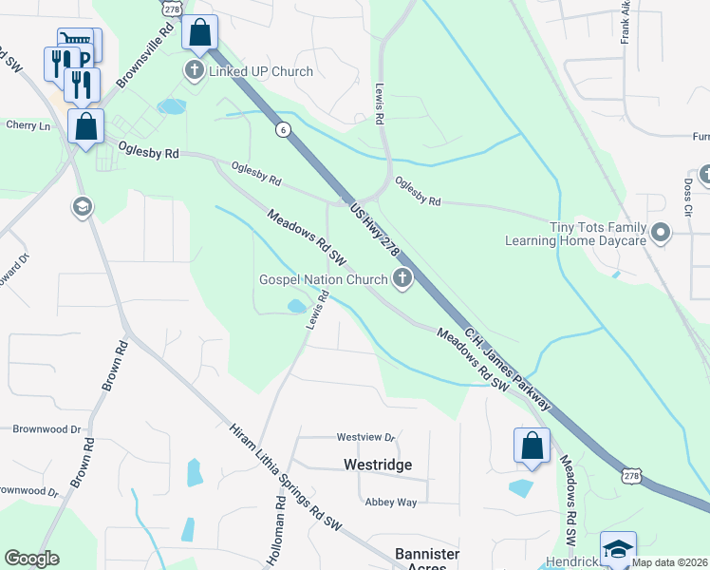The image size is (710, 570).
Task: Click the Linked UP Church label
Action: pos(261,72)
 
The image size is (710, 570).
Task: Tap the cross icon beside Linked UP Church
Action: pos(195,71)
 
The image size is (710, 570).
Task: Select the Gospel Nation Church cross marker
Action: pos(402,279)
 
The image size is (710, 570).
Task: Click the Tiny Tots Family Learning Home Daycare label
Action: pos(599,234)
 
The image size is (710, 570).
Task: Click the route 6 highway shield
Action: pos(283,129)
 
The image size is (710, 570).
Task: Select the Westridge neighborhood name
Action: pos(377,465)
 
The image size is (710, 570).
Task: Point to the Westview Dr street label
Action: pos(365,437)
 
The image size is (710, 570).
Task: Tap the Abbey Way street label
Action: pos(392,502)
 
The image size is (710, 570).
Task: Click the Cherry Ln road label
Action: pos(28,125)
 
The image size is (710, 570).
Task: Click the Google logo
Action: pos(31,559)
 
